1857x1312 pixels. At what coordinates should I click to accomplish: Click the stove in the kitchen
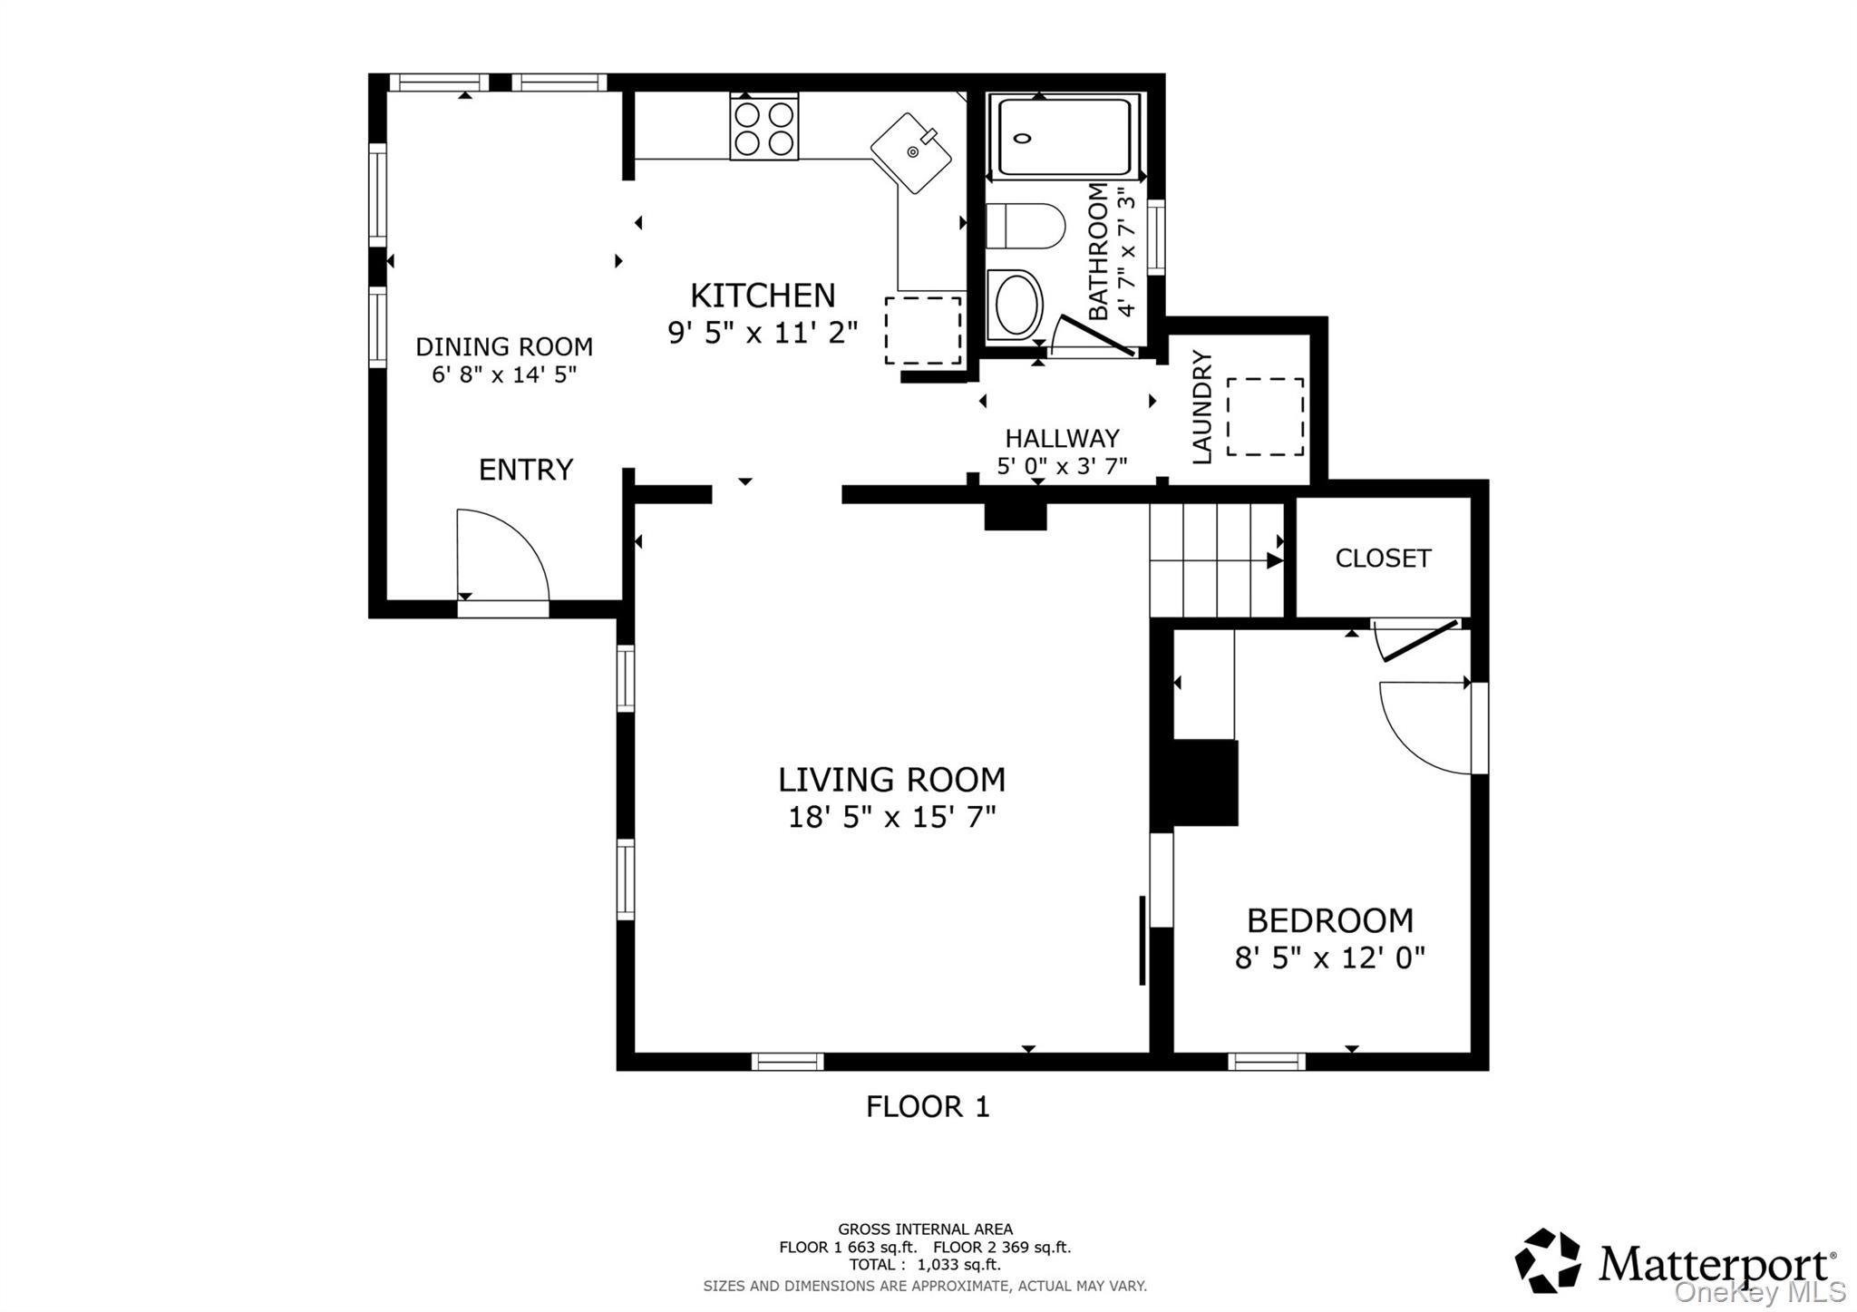(764, 127)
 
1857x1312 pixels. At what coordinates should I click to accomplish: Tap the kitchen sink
(911, 152)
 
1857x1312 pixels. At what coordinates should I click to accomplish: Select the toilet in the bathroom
(1025, 226)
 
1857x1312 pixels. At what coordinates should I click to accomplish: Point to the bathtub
(1064, 136)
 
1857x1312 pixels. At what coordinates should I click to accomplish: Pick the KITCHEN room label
(763, 296)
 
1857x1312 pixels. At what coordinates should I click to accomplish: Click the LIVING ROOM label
(892, 780)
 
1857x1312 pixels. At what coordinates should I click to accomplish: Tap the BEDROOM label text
(1330, 921)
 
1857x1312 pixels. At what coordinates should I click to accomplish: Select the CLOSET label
(1383, 559)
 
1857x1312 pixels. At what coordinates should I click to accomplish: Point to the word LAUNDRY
(1201, 407)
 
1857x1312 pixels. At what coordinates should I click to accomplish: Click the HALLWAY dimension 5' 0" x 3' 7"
(1062, 466)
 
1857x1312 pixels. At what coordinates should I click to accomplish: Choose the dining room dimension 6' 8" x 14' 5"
(504, 374)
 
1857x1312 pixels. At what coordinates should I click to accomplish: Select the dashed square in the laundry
(1265, 417)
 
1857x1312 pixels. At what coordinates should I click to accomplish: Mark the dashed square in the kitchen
(923, 330)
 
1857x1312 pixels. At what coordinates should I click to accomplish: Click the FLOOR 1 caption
(928, 1107)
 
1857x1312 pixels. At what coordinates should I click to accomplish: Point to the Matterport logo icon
(1549, 1260)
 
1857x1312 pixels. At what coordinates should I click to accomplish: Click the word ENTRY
(526, 470)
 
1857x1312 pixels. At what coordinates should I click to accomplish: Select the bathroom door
(1096, 335)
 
